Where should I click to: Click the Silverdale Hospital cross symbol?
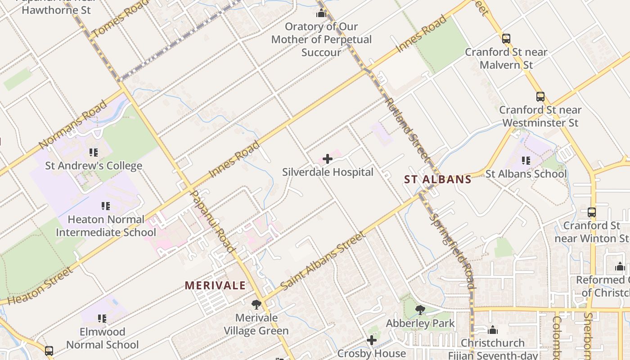click(x=328, y=159)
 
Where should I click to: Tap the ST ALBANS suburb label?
click(x=437, y=180)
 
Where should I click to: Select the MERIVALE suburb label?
click(x=215, y=285)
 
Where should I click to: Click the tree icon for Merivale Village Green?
click(x=256, y=305)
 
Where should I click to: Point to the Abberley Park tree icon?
click(x=420, y=310)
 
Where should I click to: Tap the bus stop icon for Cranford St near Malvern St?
click(x=506, y=39)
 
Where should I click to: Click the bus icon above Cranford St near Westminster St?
click(x=540, y=96)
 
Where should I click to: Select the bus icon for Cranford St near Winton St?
click(x=592, y=212)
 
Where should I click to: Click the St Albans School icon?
click(x=526, y=160)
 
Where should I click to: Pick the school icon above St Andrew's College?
click(x=93, y=153)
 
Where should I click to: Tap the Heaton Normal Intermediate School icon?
click(x=105, y=207)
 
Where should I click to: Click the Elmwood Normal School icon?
click(x=102, y=319)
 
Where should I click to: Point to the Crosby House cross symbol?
click(x=372, y=340)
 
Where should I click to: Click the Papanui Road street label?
click(x=213, y=220)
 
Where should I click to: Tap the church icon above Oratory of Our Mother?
click(x=321, y=13)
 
